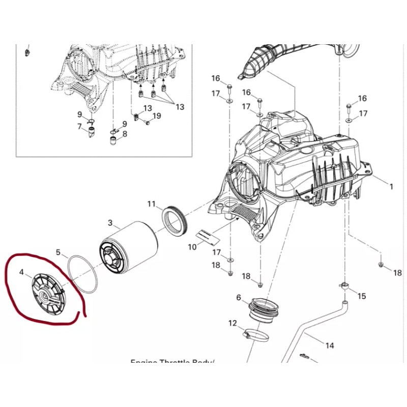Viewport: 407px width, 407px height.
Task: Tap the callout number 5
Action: (58, 252)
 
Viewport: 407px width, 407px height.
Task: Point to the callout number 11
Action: (152, 205)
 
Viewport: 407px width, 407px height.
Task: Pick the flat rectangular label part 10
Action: (207, 236)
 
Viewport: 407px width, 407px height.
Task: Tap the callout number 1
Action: (392, 187)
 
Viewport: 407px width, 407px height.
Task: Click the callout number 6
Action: (239, 298)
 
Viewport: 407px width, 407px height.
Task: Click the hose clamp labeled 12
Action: (254, 335)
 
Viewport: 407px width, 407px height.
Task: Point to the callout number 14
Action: (330, 346)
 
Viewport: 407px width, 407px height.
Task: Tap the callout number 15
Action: (362, 296)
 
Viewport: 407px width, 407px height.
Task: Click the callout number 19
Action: (157, 116)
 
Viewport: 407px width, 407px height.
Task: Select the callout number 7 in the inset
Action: (79, 126)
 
